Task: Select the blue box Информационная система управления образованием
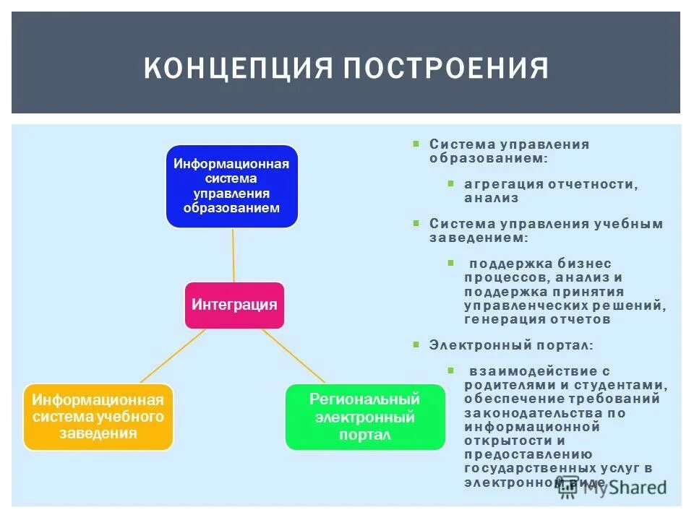pos(231,186)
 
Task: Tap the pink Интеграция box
pos(234,305)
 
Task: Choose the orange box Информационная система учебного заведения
pos(98,417)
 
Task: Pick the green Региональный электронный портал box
pos(365,417)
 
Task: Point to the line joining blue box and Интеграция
pos(234,254)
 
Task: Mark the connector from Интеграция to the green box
pos(293,355)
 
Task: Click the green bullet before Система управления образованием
pos(416,144)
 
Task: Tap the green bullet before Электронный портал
pos(416,345)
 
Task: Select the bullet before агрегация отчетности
pos(450,184)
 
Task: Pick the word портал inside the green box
pos(364,435)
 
